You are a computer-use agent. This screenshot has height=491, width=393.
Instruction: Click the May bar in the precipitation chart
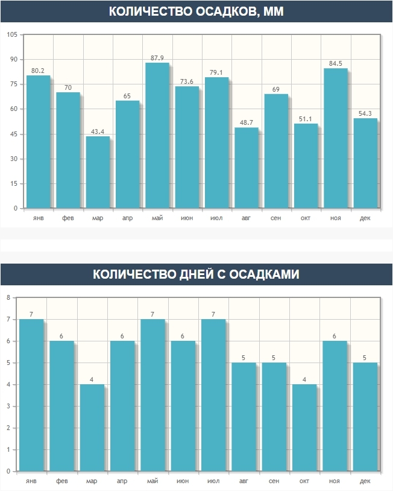pos(157,136)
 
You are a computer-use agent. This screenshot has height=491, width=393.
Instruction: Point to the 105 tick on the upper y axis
pos(11,34)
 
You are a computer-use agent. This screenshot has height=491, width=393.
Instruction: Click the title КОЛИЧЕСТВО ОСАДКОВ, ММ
pos(196,12)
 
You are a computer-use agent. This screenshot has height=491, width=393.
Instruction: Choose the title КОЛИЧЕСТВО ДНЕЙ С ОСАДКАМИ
pos(196,274)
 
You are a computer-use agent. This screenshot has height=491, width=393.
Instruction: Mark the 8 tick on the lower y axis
pos(8,297)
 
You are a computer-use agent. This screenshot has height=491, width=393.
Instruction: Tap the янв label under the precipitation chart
pos(38,218)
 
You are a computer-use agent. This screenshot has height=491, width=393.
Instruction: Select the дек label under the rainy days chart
pos(365,481)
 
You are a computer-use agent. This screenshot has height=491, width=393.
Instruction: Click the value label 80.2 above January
pos(38,71)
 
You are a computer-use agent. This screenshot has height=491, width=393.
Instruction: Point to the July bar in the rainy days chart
pos(213,395)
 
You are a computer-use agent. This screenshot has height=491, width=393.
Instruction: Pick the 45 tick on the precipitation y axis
pos(11,134)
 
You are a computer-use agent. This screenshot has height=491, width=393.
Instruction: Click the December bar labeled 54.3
pos(365,163)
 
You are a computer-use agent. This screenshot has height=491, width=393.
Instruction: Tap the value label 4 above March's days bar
pos(92,379)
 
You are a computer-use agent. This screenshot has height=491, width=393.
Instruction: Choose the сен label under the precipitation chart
pos(275,218)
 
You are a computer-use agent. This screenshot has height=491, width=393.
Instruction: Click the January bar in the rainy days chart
pos(31,395)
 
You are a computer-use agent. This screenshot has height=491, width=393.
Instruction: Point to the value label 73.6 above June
pos(187,81)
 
